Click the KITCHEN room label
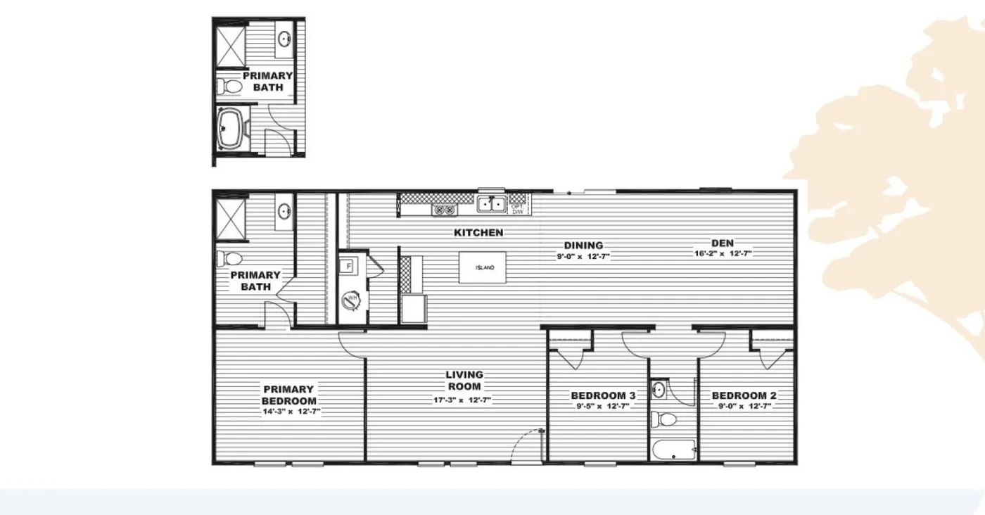(478, 232)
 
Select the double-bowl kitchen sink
(492, 205)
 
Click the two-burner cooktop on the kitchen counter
(443, 209)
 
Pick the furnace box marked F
(348, 266)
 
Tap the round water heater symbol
(350, 300)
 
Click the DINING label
(583, 246)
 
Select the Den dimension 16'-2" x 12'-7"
(723, 253)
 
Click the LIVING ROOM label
(464, 381)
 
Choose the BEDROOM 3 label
(603, 395)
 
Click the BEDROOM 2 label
(744, 395)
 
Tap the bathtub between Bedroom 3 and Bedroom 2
(673, 450)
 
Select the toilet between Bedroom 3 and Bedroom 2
(665, 420)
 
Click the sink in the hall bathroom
(659, 389)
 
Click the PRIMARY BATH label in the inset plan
(267, 81)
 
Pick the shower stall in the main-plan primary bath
(229, 215)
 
